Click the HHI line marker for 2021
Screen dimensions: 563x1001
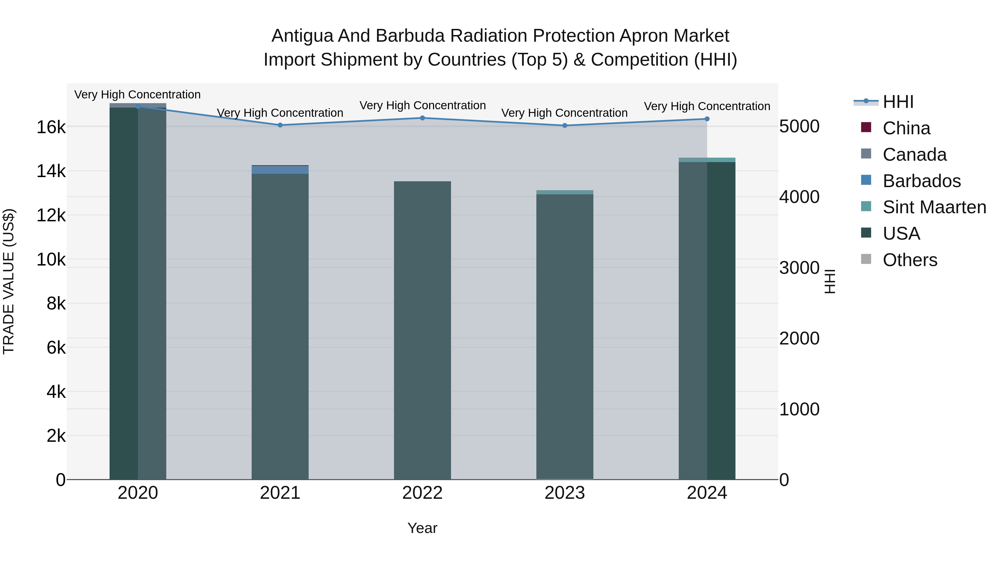pos(280,125)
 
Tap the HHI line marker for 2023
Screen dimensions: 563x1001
pos(565,125)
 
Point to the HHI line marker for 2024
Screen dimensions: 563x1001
pos(707,119)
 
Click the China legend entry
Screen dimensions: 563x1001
pos(906,128)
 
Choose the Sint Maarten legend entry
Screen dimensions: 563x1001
pos(934,207)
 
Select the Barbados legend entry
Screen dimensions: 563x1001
pos(921,181)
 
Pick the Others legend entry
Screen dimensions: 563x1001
pos(910,260)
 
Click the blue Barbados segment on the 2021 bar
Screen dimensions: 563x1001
pos(280,170)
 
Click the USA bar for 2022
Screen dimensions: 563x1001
pos(422,330)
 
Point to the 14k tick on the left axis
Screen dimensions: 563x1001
pos(51,171)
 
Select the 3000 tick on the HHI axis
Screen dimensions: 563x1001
pos(799,268)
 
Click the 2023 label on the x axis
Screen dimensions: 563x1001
pos(565,493)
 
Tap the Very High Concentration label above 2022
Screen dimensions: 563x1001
pos(422,105)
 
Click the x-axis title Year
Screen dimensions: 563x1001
pos(422,528)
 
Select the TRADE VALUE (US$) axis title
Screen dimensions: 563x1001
pos(9,281)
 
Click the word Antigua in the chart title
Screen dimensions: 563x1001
pos(301,36)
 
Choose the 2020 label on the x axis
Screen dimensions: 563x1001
pos(138,493)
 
